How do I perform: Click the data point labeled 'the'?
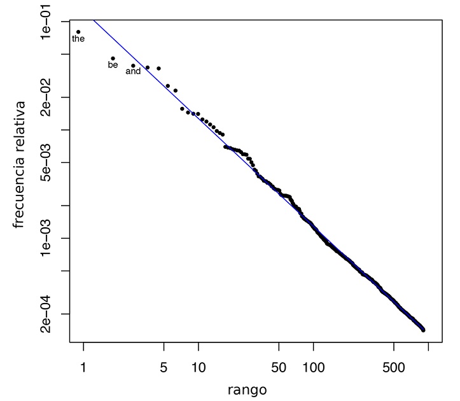tap(78, 32)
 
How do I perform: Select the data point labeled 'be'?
tap(113, 59)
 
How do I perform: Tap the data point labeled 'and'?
tap(133, 66)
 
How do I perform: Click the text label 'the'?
tap(78, 39)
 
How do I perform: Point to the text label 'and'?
tap(133, 72)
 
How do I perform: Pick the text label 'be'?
tap(113, 65)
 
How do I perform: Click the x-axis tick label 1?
tap(83, 369)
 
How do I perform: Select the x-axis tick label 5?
tap(164, 369)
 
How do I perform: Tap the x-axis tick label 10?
tap(199, 369)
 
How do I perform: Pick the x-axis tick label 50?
tap(279, 369)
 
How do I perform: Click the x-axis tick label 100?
tap(314, 369)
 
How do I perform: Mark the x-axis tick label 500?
tap(394, 369)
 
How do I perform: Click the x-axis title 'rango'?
tap(247, 389)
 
